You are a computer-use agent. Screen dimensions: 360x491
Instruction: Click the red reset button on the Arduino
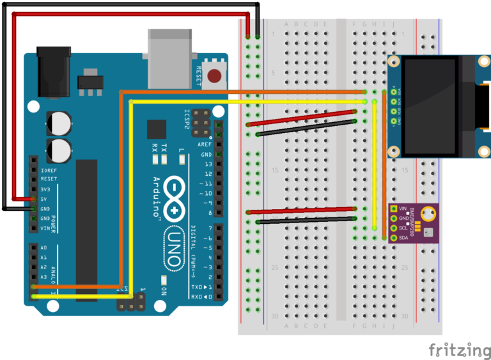[215, 76]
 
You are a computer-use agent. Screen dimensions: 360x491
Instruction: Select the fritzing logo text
[459, 350]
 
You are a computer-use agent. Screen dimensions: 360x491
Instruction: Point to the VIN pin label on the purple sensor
[403, 208]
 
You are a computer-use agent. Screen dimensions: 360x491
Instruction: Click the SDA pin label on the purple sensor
[403, 238]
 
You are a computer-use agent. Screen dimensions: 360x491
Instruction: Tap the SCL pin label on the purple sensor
[403, 228]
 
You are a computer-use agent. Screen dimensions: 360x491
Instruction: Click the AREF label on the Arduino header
[205, 145]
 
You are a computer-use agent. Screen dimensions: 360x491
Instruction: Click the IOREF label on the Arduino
[49, 170]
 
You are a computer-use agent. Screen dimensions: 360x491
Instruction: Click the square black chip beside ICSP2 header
[156, 130]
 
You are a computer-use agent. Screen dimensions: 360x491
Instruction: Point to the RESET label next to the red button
[199, 76]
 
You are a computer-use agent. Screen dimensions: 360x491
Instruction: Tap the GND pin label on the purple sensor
[403, 218]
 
